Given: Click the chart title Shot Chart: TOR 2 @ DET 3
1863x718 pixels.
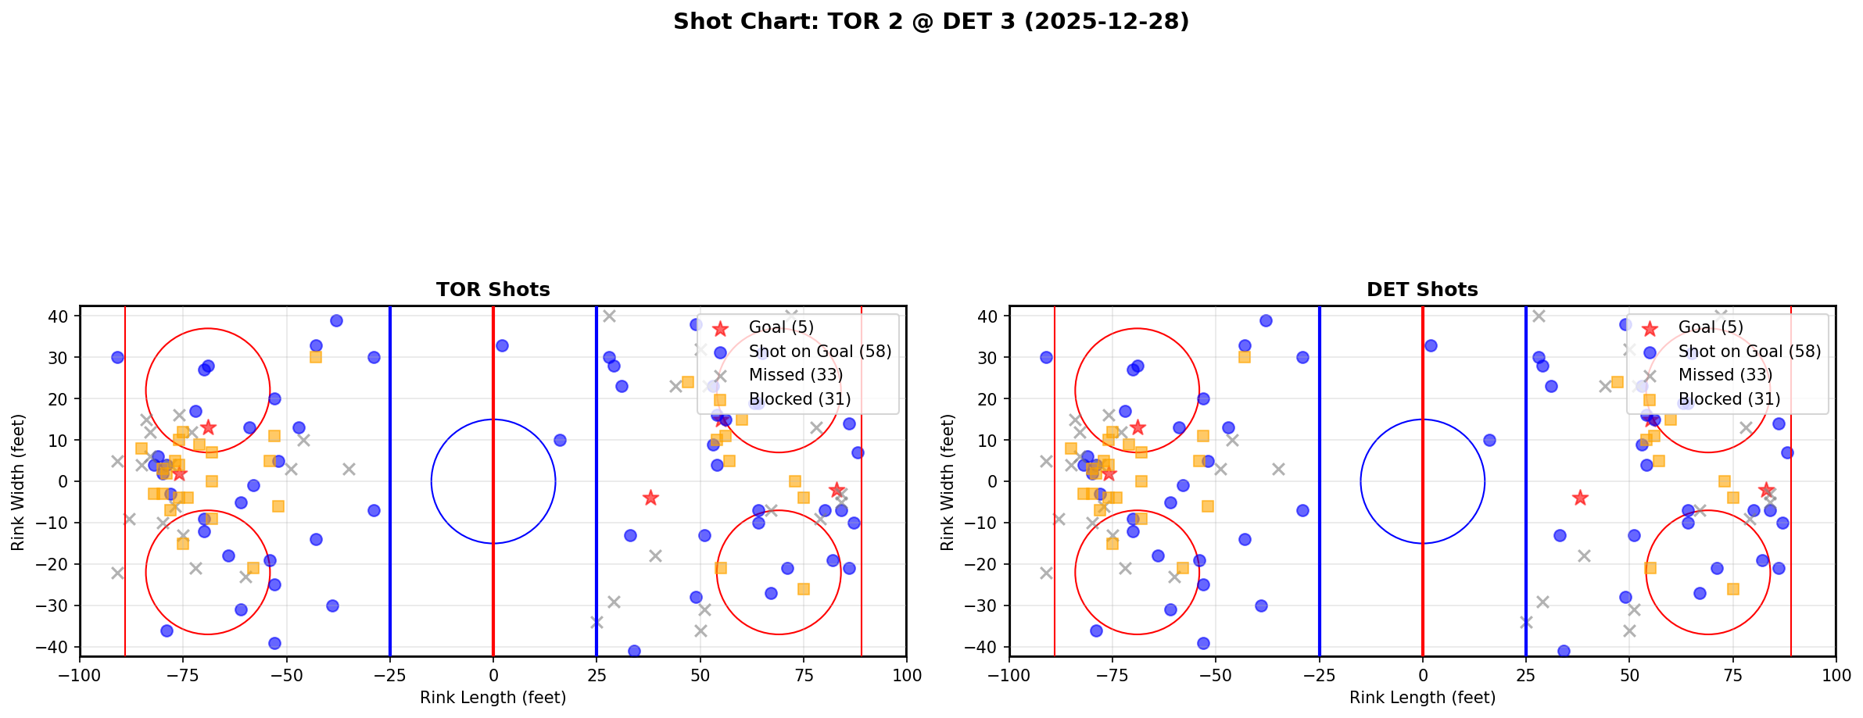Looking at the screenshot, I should coord(930,22).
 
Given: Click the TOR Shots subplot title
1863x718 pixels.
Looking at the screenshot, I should coord(493,290).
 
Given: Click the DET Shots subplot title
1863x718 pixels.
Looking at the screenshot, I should coord(1422,290).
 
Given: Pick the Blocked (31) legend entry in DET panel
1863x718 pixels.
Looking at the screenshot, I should coord(1729,399).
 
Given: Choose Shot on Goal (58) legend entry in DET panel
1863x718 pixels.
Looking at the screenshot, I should coord(1750,352).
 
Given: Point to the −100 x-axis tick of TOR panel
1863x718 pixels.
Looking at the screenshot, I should coord(80,675).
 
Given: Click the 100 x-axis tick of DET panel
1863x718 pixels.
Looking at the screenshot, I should coord(1835,675).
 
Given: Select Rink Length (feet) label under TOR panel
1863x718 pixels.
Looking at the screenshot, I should coord(493,698).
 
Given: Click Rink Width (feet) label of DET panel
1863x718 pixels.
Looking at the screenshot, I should coord(948,481).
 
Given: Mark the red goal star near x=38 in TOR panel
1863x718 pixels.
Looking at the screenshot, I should coord(650,498).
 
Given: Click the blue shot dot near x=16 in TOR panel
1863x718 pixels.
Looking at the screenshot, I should coord(560,440).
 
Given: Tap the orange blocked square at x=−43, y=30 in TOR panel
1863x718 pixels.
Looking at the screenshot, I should coord(315,357).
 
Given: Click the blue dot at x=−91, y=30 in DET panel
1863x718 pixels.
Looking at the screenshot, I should coord(1046,357).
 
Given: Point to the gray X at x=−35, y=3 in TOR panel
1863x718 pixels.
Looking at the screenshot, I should coord(349,469).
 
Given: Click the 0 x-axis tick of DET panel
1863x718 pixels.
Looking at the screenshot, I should coord(1422,675).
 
